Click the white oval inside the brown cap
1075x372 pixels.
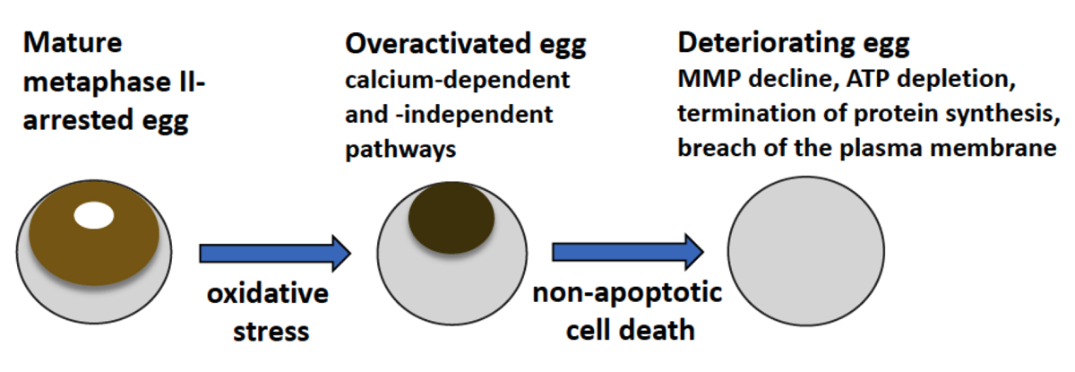(x=94, y=216)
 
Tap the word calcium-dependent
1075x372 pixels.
(x=458, y=80)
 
